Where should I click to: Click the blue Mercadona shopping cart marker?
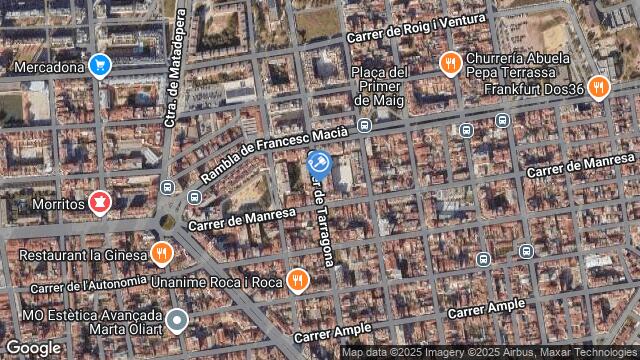click(99, 66)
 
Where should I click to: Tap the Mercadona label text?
click(49, 67)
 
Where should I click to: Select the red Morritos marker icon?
click(99, 203)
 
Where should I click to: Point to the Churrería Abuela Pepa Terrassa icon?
click(450, 65)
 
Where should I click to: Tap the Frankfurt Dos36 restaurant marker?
click(600, 87)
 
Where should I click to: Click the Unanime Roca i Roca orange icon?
click(297, 281)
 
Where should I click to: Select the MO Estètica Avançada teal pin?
click(177, 320)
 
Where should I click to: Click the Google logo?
click(33, 347)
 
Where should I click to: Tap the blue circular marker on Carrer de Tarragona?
click(319, 162)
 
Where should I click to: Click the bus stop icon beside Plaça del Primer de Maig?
click(364, 126)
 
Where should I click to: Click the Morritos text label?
click(58, 204)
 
